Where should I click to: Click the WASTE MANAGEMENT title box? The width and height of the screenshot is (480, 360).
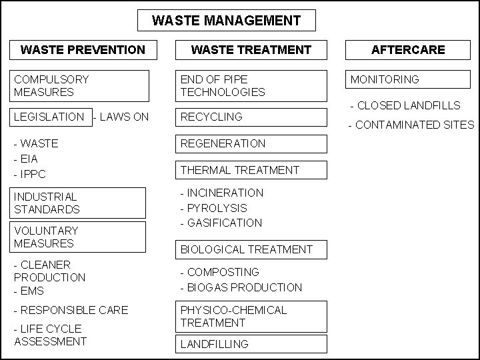point(226,21)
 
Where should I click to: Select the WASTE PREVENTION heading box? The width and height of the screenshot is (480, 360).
point(83,50)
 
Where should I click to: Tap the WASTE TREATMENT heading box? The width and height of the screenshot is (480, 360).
point(251,50)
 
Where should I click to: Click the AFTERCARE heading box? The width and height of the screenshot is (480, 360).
point(408,50)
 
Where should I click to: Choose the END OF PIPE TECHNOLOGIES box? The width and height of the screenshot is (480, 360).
point(251,85)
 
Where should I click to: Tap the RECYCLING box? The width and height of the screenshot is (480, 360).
point(251,117)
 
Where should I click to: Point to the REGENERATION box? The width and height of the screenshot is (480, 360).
point(251,143)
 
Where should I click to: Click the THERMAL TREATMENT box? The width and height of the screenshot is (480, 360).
point(251,170)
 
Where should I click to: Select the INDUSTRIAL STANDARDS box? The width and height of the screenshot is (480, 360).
point(79,203)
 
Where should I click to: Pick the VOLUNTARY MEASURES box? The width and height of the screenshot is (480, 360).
point(79,237)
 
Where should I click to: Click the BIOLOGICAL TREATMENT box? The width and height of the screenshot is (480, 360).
point(251,249)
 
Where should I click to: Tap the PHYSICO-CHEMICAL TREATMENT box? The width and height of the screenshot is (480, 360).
point(251,317)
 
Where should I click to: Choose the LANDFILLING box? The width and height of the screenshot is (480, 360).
point(251,344)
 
